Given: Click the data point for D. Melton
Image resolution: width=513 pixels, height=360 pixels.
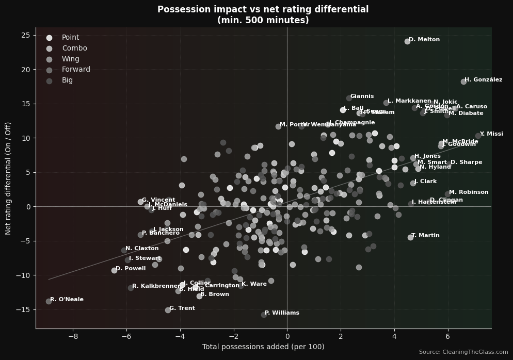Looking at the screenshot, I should [407, 41].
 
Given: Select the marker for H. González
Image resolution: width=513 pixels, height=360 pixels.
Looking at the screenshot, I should [463, 81].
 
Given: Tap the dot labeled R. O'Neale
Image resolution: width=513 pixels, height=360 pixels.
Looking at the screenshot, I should [49, 301].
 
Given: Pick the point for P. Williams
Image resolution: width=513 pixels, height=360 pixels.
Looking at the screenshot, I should [264, 314].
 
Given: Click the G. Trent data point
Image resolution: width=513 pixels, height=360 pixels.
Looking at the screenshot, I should [168, 310].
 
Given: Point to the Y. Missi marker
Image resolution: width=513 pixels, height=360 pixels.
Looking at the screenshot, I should [478, 136].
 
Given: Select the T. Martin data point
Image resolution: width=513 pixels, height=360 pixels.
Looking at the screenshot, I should [410, 237].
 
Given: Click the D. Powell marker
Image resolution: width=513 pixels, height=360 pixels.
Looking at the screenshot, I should [114, 270].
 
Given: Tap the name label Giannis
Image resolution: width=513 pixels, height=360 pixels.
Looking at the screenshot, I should [362, 96].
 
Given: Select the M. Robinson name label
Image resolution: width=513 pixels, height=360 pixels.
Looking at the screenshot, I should [469, 192].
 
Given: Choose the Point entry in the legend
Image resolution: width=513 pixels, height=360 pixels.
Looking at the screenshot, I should [70, 38].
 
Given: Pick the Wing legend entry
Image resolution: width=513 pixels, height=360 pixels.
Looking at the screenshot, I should [71, 59].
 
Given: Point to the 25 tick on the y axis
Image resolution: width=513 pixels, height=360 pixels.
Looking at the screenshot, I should [25, 35].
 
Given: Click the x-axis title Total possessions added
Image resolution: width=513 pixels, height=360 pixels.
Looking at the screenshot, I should [263, 347].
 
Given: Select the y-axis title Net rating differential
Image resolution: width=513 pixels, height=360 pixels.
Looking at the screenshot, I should [8, 178].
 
